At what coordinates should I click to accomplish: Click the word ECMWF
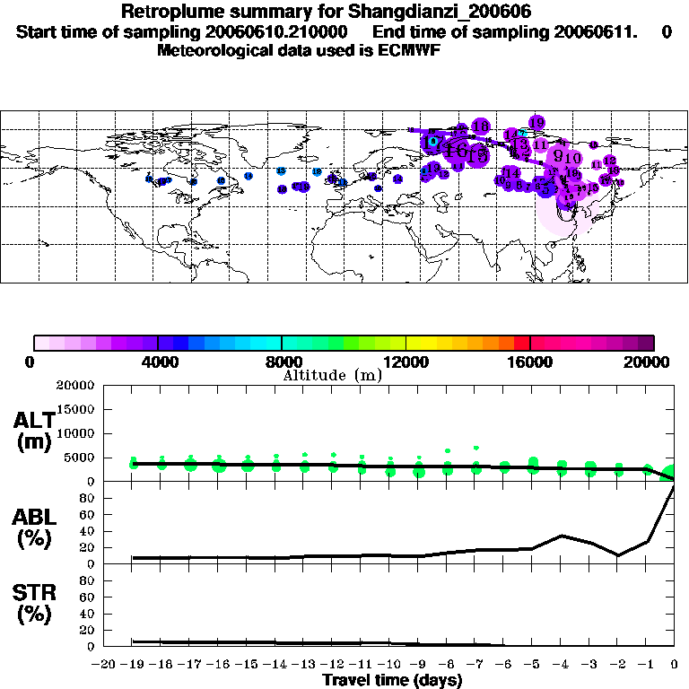(x=413, y=50)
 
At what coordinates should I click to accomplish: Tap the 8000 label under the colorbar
(x=282, y=362)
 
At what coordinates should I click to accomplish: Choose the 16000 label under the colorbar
(x=530, y=362)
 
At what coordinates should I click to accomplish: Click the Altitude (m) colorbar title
(x=332, y=375)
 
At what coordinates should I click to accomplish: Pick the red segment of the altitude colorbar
(x=522, y=342)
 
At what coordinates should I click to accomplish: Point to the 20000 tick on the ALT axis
(x=74, y=386)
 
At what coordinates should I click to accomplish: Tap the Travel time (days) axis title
(x=392, y=680)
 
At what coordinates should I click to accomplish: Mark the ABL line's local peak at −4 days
(x=562, y=536)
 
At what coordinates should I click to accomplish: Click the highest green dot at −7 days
(x=476, y=448)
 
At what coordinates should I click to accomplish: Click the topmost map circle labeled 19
(x=536, y=122)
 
